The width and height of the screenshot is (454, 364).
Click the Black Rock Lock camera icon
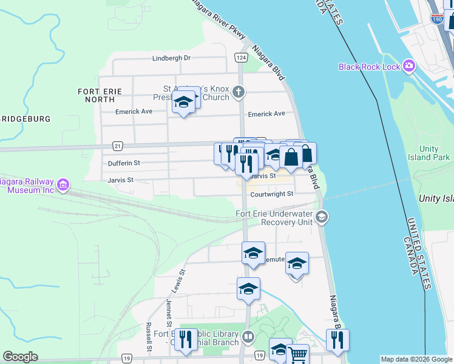click(408, 66)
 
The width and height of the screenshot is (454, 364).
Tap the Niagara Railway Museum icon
click(63, 184)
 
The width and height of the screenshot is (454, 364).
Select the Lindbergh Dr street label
click(171, 58)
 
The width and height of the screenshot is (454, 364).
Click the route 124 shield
click(241, 57)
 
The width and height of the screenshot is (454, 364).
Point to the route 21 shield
click(118, 146)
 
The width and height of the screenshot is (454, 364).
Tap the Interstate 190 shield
click(437, 19)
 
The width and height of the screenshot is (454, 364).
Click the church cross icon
click(239, 92)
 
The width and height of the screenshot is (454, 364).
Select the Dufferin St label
click(124, 163)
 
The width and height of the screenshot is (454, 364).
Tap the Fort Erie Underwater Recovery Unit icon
click(322, 217)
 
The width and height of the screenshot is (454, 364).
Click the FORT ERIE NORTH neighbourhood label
click(100, 95)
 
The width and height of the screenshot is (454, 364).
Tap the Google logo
click(20, 357)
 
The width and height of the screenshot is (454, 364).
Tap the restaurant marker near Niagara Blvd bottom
click(337, 340)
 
